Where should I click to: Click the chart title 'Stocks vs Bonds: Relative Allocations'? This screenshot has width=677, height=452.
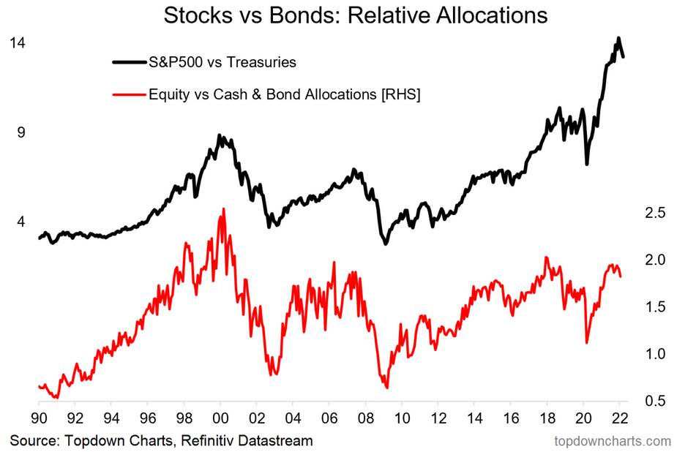tap(355, 15)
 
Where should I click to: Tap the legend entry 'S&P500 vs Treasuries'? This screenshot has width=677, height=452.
tap(222, 62)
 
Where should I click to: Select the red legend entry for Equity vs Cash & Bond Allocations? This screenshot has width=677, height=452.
tap(284, 94)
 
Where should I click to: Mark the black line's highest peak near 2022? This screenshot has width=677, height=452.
tap(618, 38)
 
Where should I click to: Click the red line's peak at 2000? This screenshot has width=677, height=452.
tap(222, 209)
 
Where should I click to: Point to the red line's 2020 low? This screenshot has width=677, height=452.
tap(587, 342)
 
